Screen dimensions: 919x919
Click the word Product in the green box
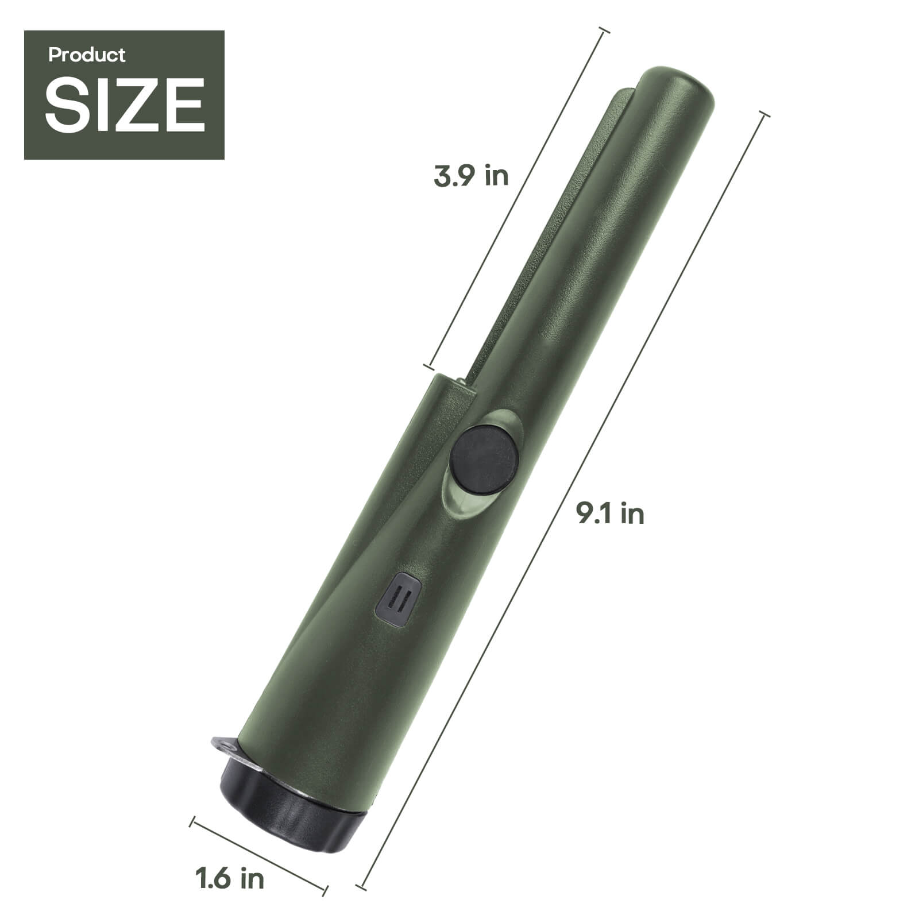87,55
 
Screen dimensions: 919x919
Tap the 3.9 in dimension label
471,176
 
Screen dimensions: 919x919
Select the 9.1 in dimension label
610,513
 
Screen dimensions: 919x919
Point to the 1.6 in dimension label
230,878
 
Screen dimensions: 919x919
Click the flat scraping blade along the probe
551,230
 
